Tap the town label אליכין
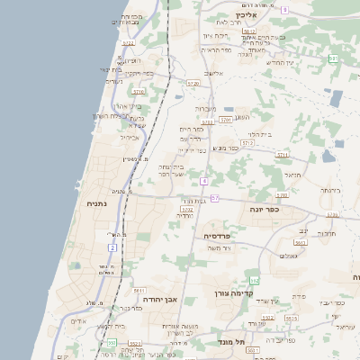[x=247, y=15]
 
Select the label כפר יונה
[x=265, y=209]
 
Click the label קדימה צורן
[x=237, y=292]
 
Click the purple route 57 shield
[x=214, y=197]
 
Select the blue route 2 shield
[x=112, y=247]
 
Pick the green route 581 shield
[x=333, y=58]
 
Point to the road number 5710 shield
[x=138, y=92]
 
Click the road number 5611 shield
[x=139, y=291]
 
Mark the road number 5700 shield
[x=282, y=194]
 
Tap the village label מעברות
[x=206, y=108]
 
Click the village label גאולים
[x=289, y=256]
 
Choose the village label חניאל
[x=327, y=233]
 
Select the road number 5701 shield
[x=225, y=119]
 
